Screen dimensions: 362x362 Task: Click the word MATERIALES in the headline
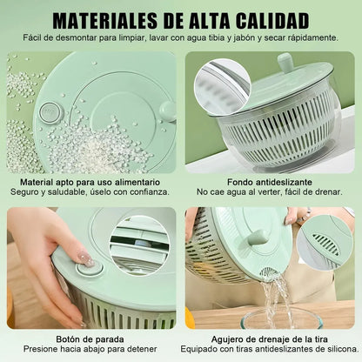[x=105, y=20]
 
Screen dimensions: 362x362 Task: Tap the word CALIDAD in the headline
[x=272, y=20]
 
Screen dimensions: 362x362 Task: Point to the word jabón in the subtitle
[x=245, y=38]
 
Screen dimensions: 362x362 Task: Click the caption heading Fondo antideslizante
[x=270, y=182]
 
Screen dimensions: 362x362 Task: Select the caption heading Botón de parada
[x=90, y=339]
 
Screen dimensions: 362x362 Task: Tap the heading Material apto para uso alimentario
[x=90, y=182]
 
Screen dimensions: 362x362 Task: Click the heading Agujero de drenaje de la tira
[x=270, y=339]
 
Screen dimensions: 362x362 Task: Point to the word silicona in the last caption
[x=341, y=349]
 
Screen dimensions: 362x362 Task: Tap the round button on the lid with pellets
[x=51, y=111]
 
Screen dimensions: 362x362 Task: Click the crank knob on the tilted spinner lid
[x=285, y=62]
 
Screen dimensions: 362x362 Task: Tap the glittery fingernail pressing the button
[x=85, y=258]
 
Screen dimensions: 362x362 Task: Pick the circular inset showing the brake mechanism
[x=139, y=245]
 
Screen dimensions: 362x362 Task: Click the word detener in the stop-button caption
[x=141, y=349]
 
